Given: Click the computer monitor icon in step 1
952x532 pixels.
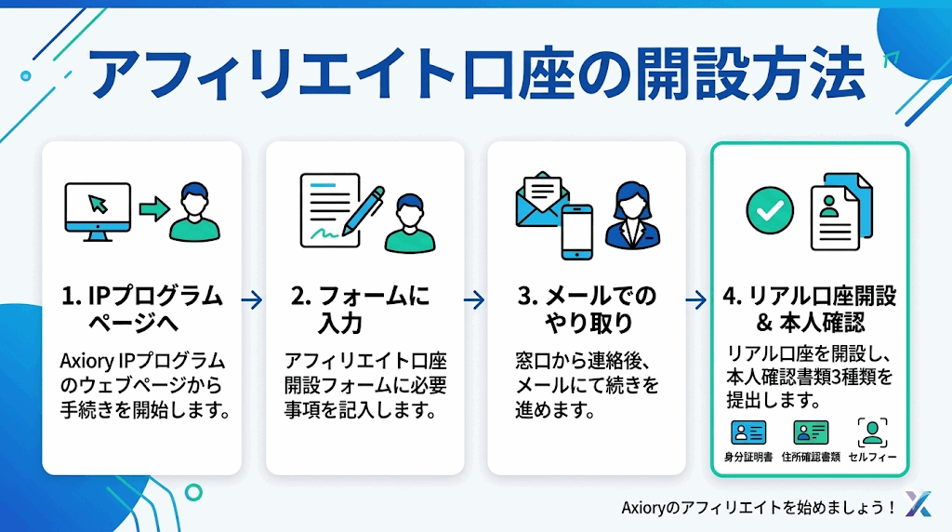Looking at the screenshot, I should coord(96,210).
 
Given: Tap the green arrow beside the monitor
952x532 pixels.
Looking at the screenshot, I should coord(152,207).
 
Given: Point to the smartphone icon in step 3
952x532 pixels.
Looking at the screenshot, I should coord(576,231).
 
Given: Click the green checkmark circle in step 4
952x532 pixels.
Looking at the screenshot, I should coord(770,210).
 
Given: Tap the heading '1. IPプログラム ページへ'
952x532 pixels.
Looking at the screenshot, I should coord(141,310).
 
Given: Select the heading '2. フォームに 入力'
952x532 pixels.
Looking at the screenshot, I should coord(361,310).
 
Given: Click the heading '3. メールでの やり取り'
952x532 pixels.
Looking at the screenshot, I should coord(586,310).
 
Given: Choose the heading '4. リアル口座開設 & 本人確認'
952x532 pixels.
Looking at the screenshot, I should coord(809,310).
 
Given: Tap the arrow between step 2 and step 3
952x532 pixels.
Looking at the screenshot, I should coord(474,299).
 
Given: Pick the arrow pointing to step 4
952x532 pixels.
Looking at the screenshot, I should coord(696,299).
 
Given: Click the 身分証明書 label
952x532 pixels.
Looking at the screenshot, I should coord(748,457).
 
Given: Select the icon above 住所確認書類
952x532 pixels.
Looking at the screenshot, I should coord(811,432).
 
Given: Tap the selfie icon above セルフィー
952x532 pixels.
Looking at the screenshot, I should coord(871,432).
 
